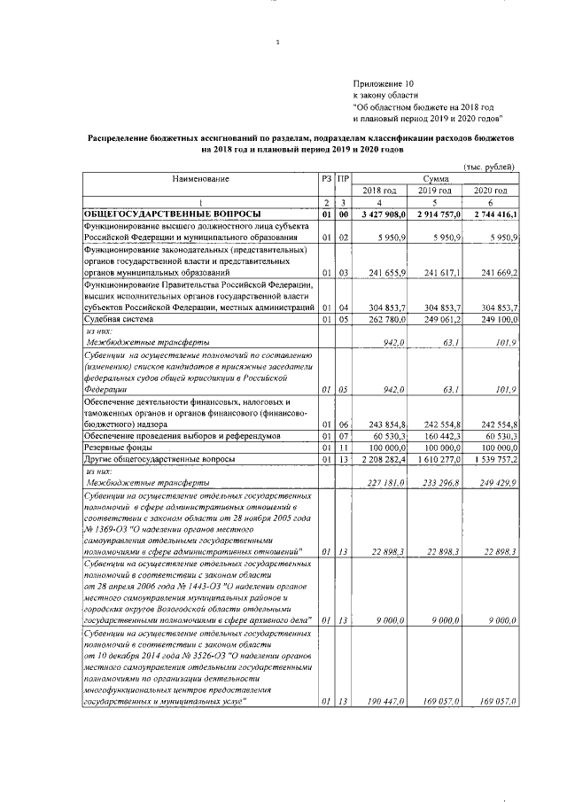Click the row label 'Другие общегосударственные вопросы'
[159, 461]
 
